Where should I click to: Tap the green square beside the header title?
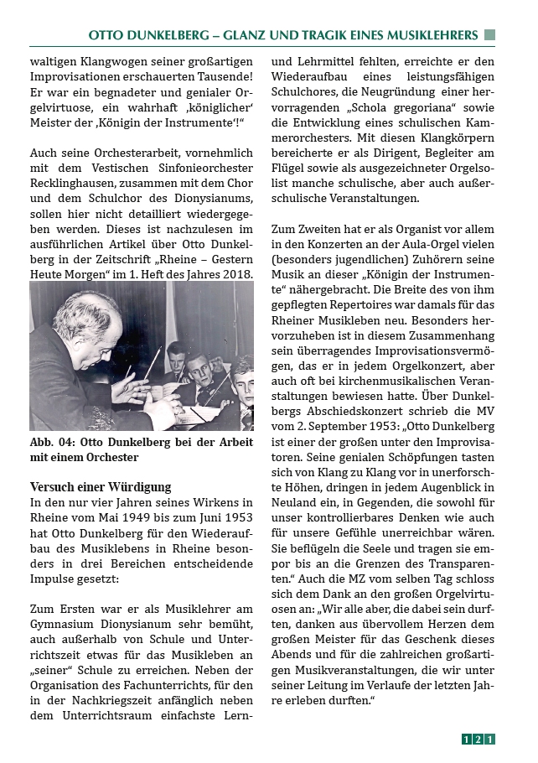pyautogui.click(x=489, y=35)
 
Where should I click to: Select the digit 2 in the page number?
pyautogui.click(x=478, y=739)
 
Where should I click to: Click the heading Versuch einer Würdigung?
pyautogui.click(x=100, y=487)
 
